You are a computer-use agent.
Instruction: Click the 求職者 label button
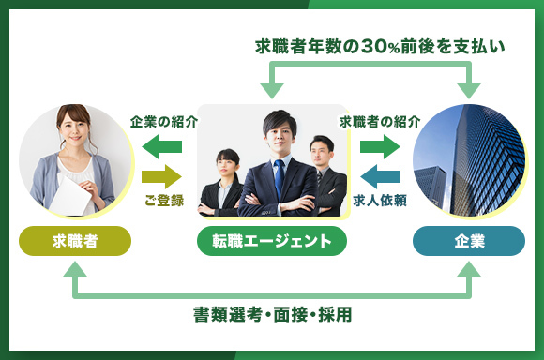pyautogui.click(x=75, y=241)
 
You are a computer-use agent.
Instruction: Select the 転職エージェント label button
pyautogui.click(x=272, y=241)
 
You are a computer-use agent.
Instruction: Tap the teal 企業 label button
pyautogui.click(x=469, y=241)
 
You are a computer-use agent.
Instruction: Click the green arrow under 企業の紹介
pyautogui.click(x=161, y=146)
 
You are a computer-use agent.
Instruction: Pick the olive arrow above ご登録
pyautogui.click(x=161, y=175)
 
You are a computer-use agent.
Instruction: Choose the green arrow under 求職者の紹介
pyautogui.click(x=380, y=146)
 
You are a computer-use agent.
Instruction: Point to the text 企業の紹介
pyautogui.click(x=163, y=121)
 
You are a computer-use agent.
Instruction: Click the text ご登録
pyautogui.click(x=163, y=200)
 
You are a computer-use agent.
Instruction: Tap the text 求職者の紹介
pyautogui.click(x=380, y=121)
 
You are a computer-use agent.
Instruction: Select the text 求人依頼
pyautogui.click(x=380, y=200)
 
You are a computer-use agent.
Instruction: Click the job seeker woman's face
pyautogui.click(x=73, y=126)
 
